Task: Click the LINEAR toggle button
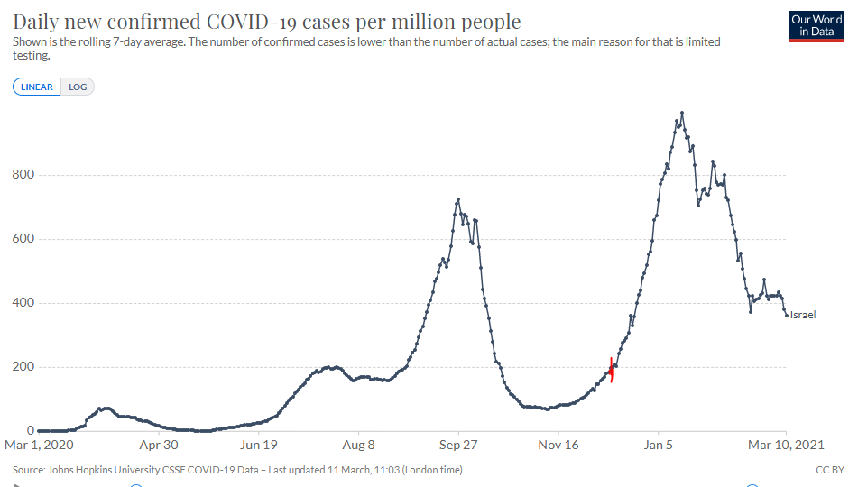37,87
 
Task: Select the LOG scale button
78,87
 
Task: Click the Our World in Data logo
816,25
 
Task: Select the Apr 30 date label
158,445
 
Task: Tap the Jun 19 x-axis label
258,445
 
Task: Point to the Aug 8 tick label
358,445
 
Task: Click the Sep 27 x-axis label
458,445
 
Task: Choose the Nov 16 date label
558,445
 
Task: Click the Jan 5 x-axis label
659,445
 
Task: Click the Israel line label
803,315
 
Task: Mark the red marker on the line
612,370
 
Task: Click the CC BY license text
830,470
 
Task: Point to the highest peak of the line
682,113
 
